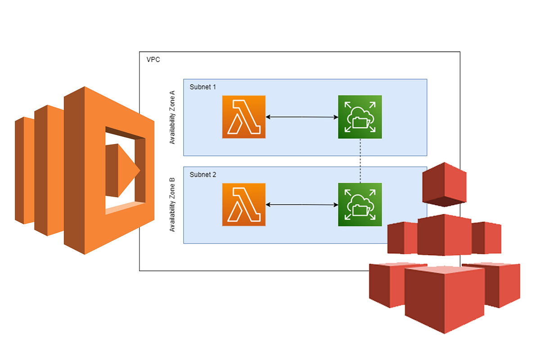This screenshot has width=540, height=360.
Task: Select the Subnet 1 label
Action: point(202,86)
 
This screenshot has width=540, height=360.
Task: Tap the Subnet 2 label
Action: point(202,174)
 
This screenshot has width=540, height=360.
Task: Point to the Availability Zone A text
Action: point(172,117)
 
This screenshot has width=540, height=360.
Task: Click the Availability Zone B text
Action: point(172,205)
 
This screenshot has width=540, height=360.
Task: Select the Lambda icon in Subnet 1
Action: point(243,117)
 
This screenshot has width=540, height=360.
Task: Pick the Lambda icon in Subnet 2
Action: point(243,205)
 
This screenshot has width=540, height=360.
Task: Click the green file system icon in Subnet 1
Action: point(360,117)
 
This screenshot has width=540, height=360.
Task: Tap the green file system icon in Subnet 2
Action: point(360,205)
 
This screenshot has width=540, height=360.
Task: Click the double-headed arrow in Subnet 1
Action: point(301,117)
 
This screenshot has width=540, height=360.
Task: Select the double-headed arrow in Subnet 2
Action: point(301,205)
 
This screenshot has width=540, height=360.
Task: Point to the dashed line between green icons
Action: point(360,161)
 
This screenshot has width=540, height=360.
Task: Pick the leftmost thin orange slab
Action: point(24,170)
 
